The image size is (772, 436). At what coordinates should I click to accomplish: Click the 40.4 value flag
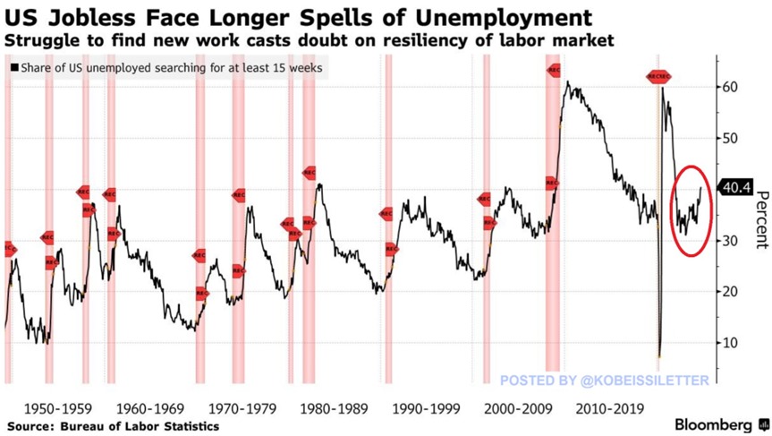click(x=737, y=187)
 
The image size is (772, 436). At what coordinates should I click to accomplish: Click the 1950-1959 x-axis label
click(x=55, y=408)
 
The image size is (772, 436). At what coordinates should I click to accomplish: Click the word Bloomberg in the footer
click(x=713, y=424)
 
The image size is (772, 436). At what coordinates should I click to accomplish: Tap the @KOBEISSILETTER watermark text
click(x=645, y=380)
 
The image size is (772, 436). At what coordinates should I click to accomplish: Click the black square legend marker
click(x=14, y=68)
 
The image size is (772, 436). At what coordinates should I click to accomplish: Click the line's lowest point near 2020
click(x=659, y=356)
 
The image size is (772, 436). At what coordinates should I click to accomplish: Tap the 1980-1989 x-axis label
click(x=332, y=408)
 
